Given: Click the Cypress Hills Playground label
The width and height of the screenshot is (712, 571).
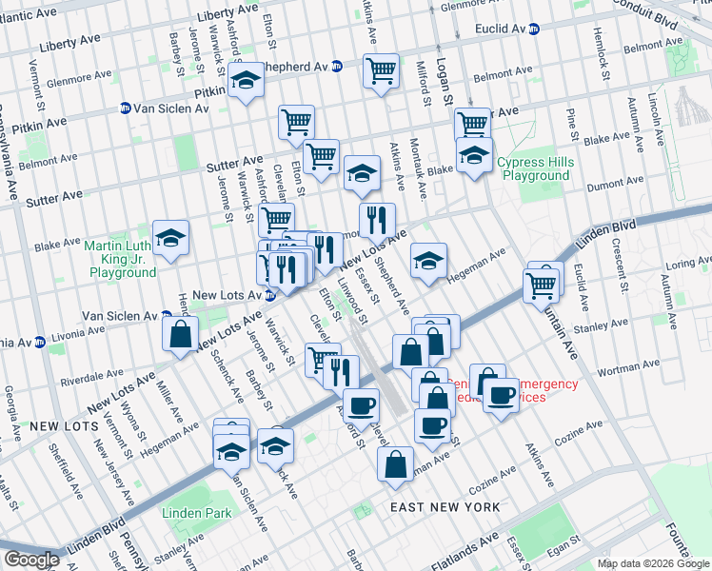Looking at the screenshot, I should coord(535,169).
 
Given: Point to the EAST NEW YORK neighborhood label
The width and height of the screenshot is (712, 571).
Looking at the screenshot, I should coord(445,508).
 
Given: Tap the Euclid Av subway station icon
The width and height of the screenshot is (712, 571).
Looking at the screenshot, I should coord(534,30).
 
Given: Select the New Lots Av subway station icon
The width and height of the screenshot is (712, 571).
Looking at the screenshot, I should coord(269,296).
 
